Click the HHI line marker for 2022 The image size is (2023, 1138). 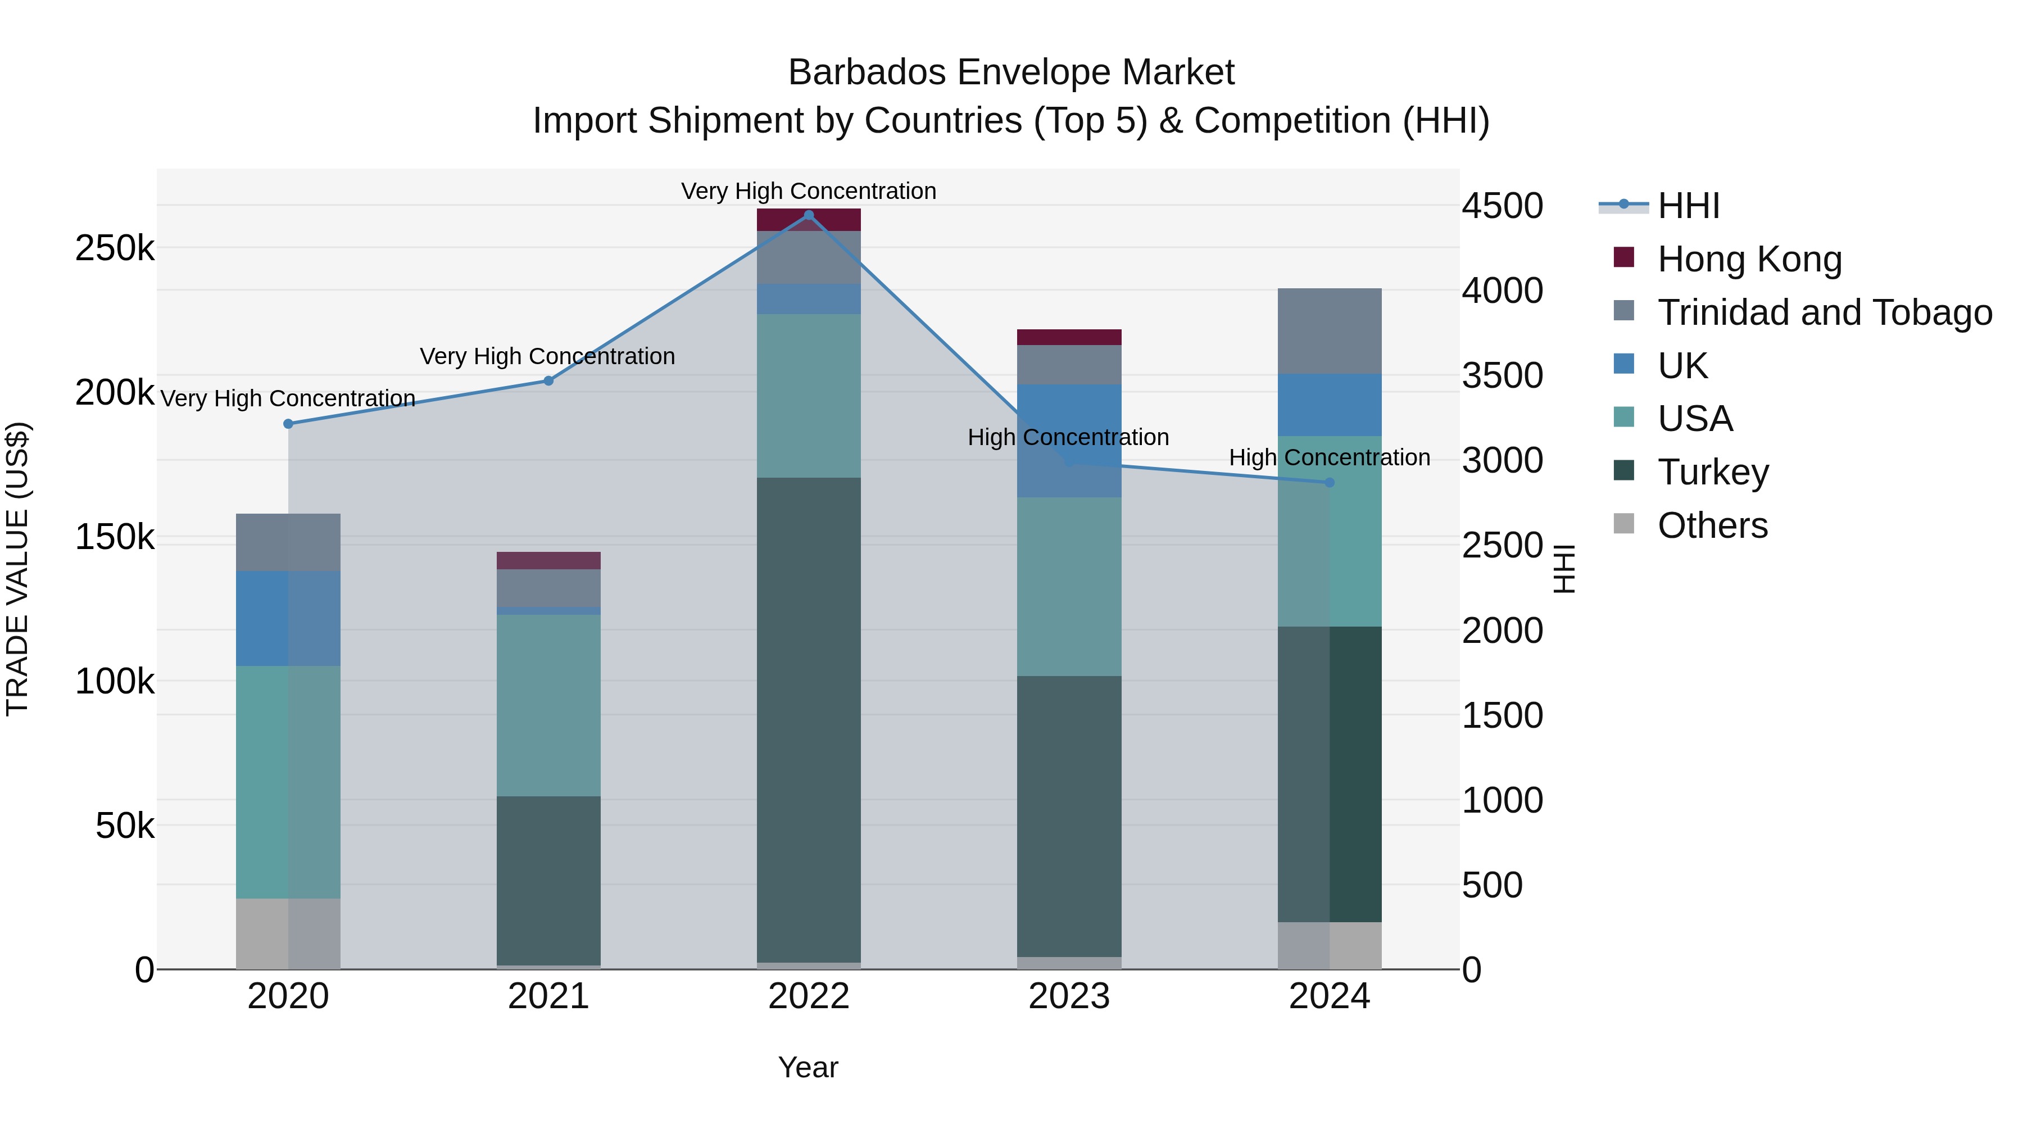click(809, 215)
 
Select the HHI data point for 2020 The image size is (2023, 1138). click(288, 424)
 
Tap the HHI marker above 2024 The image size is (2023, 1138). click(1330, 483)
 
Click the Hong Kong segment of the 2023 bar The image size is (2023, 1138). click(1069, 337)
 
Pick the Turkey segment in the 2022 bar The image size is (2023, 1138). click(809, 719)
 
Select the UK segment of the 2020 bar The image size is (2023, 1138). click(288, 618)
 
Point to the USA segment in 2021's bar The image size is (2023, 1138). click(548, 705)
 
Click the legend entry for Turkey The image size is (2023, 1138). click(1713, 472)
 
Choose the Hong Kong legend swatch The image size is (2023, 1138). click(1623, 257)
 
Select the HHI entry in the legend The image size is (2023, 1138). click(1689, 206)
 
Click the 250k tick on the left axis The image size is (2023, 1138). click(115, 248)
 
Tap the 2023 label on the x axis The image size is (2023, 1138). click(1069, 996)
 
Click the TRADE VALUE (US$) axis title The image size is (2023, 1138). click(17, 569)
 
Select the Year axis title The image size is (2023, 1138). click(808, 1067)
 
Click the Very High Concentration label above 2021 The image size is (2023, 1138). click(547, 356)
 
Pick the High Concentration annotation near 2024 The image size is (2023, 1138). click(1329, 458)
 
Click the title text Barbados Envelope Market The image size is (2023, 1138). click(1011, 72)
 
